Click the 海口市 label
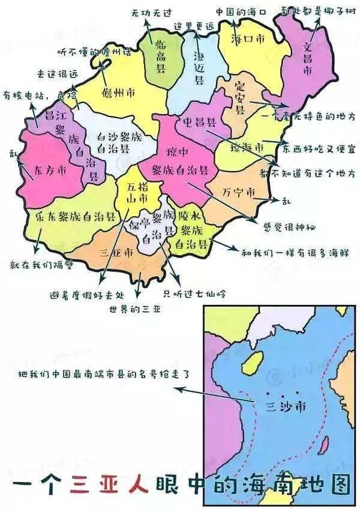coord(246,39)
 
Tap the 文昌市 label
coord(308,57)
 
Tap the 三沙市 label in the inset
coord(284,406)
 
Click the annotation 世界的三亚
coord(135,310)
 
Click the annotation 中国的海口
coord(242,11)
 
